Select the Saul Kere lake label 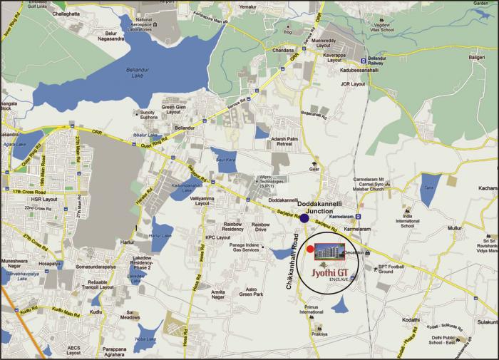click(x=225, y=160)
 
